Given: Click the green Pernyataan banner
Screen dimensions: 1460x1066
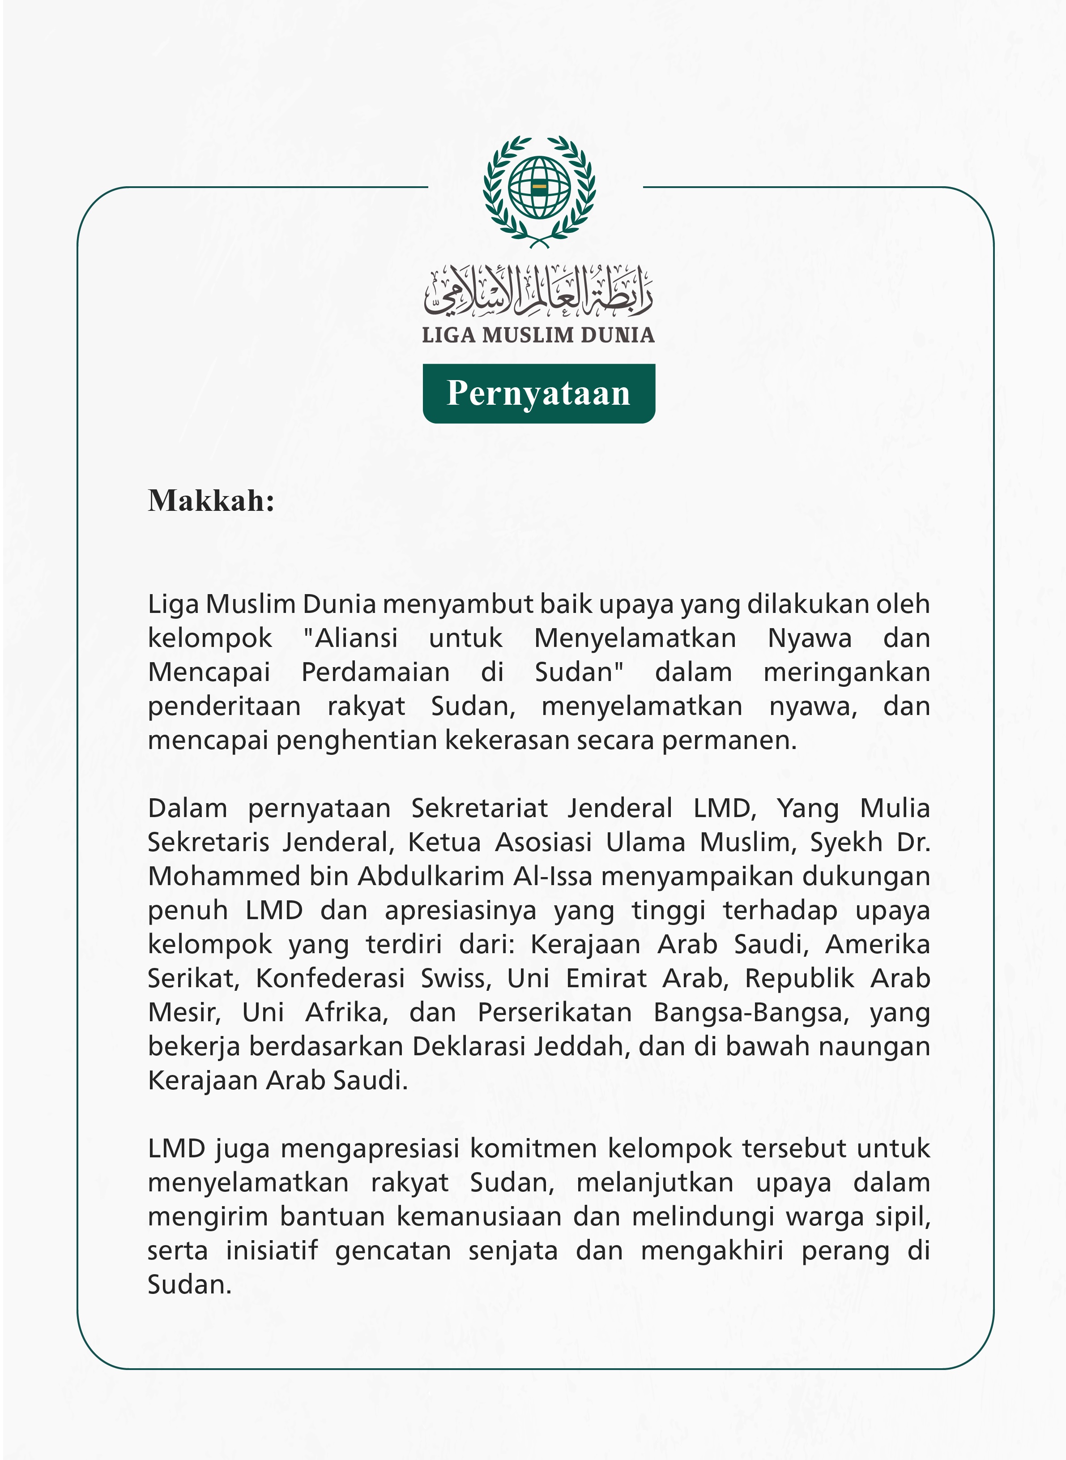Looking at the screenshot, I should [x=539, y=393].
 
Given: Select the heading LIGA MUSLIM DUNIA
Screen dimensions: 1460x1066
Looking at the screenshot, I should [x=539, y=335].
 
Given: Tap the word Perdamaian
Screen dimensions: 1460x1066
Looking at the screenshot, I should [x=375, y=672].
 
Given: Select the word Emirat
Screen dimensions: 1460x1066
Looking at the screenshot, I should [x=606, y=979].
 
